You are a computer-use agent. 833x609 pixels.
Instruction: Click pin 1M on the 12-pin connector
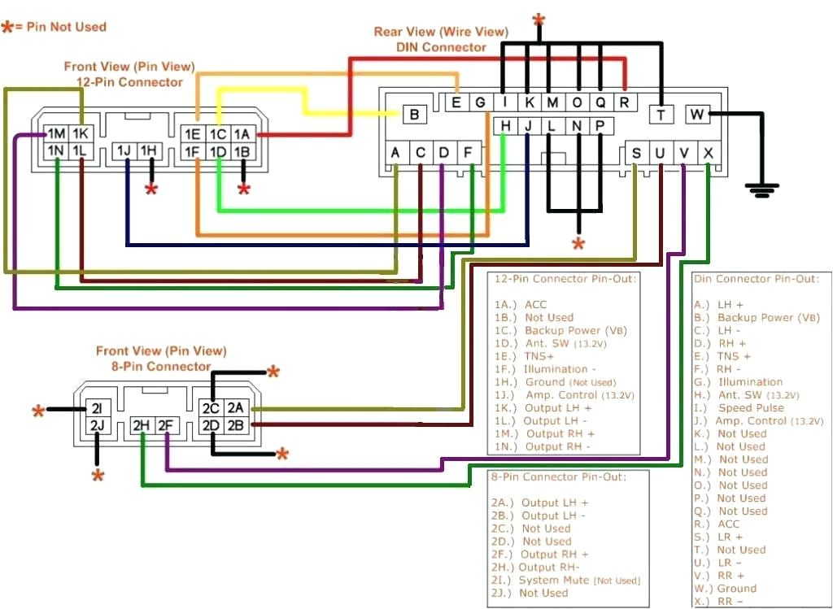click(56, 133)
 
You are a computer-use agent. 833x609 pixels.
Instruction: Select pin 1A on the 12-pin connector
click(242, 134)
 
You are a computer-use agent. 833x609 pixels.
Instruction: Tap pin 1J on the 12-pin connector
click(125, 151)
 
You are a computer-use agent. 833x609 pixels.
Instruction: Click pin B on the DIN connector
click(414, 115)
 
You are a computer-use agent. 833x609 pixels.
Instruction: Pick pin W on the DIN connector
click(697, 115)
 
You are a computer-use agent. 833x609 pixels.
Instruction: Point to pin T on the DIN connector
click(661, 115)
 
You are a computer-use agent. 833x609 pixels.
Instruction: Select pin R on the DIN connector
click(624, 102)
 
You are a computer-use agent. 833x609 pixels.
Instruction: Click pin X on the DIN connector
click(709, 153)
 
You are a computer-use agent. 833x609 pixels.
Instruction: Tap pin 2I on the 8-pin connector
click(97, 408)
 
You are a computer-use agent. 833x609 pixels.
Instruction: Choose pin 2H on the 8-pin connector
click(142, 424)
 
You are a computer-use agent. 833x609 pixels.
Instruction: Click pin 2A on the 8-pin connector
click(236, 407)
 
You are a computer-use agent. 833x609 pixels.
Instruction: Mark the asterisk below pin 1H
click(151, 190)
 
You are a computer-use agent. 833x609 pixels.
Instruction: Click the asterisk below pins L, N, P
click(578, 243)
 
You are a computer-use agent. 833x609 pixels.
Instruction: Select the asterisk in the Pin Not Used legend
click(8, 27)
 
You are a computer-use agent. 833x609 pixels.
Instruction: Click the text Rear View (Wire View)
click(441, 32)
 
